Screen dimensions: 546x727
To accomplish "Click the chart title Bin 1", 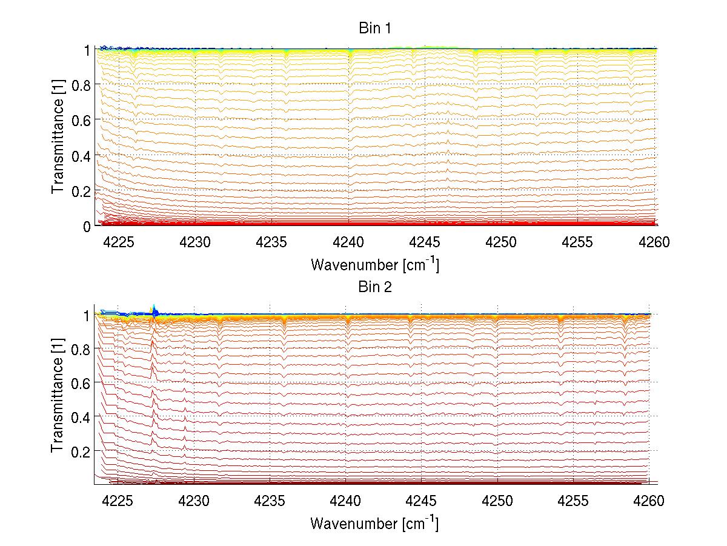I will [375, 28].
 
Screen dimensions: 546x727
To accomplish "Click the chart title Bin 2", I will [375, 287].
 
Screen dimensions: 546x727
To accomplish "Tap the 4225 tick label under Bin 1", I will [118, 243].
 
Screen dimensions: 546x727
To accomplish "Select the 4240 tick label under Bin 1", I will [348, 243].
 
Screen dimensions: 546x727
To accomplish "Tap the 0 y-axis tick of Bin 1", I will [87, 226].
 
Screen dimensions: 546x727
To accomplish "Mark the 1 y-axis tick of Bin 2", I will [86, 315].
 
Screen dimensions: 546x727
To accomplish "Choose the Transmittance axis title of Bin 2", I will [58, 397].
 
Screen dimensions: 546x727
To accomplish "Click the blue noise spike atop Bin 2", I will [154, 311].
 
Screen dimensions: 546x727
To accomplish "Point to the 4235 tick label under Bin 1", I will [271, 243].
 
